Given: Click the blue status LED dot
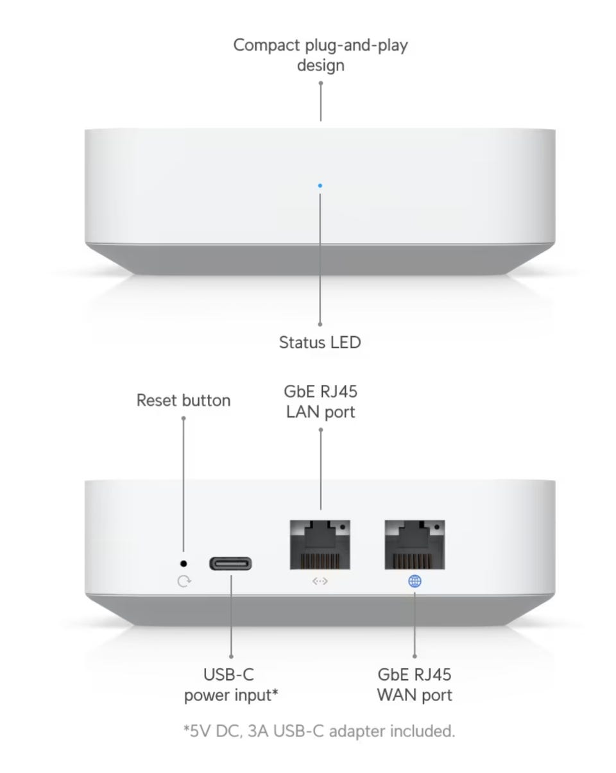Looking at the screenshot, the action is [320, 185].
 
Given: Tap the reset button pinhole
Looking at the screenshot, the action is [184, 564].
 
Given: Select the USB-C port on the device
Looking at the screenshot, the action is [230, 564].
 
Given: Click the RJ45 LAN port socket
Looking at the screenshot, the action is [320, 545].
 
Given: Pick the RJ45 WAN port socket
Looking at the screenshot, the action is [415, 545].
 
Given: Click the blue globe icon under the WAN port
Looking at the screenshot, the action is [415, 581].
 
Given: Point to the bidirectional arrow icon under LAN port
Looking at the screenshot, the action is [320, 581].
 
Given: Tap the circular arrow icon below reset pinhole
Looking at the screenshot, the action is [184, 581].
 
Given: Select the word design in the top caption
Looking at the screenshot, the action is [321, 65].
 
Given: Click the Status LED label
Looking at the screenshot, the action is [320, 343].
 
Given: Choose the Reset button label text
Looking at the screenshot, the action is [184, 400].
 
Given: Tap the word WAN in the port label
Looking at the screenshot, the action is [397, 695].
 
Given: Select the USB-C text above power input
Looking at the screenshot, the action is [228, 674].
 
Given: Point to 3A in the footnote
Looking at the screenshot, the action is [258, 731].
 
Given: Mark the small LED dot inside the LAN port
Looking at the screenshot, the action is [342, 527].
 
